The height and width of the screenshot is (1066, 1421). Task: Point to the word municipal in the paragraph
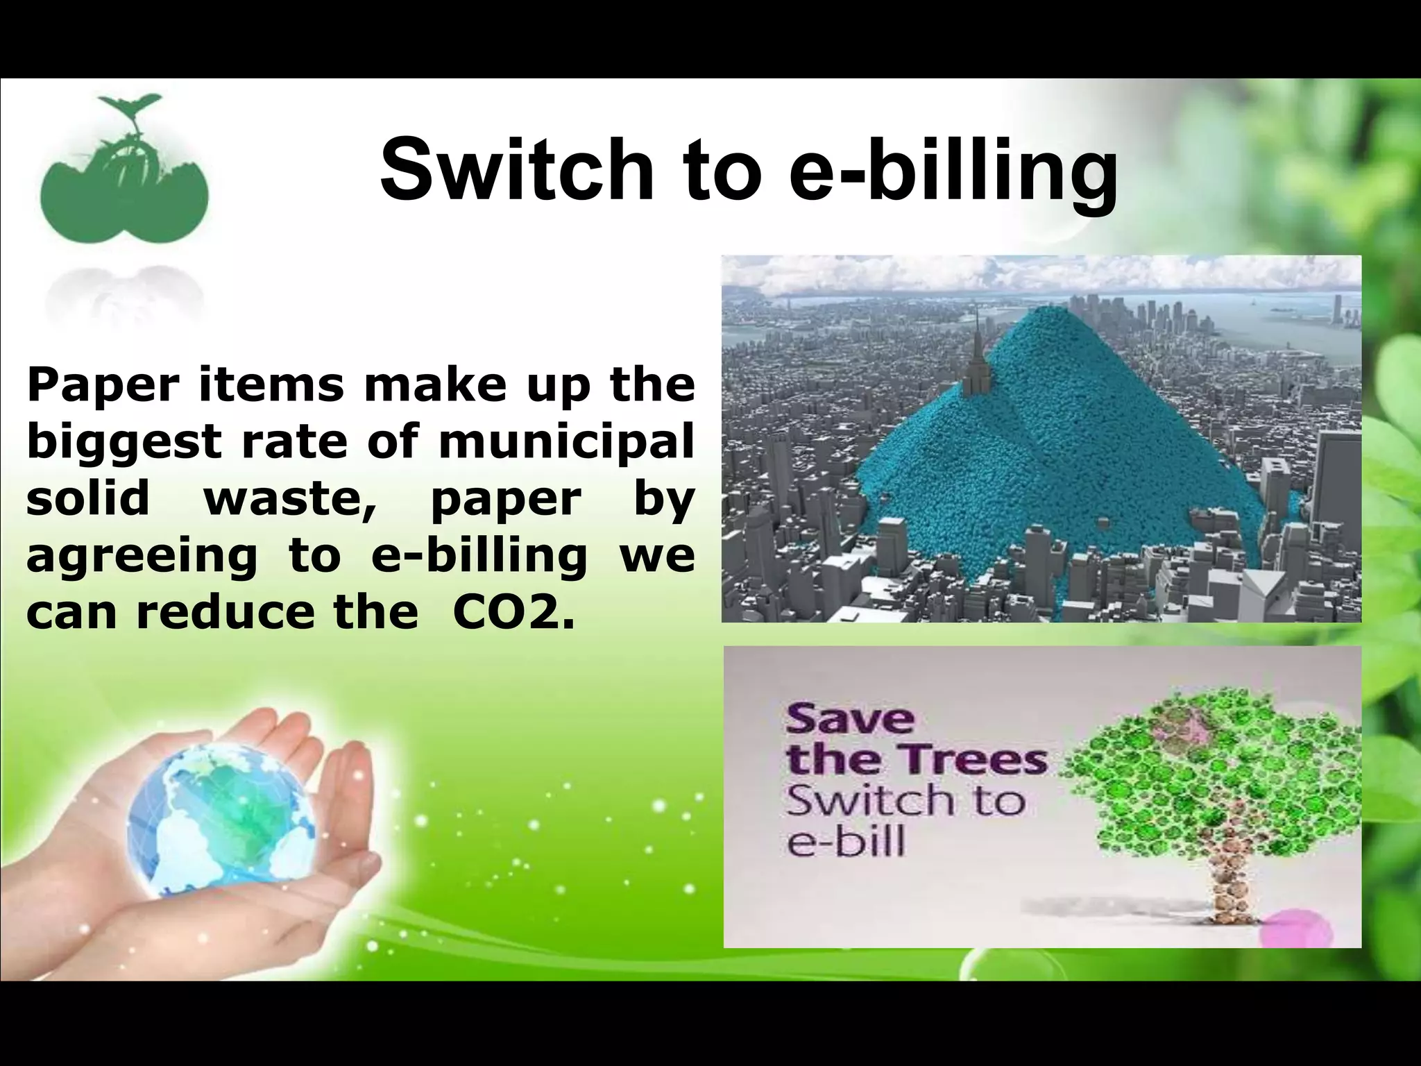coord(566,443)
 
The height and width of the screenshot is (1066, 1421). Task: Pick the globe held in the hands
coord(222,819)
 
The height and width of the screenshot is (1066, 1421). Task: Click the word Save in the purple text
coord(849,719)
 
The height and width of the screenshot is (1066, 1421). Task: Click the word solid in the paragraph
coord(88,498)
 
